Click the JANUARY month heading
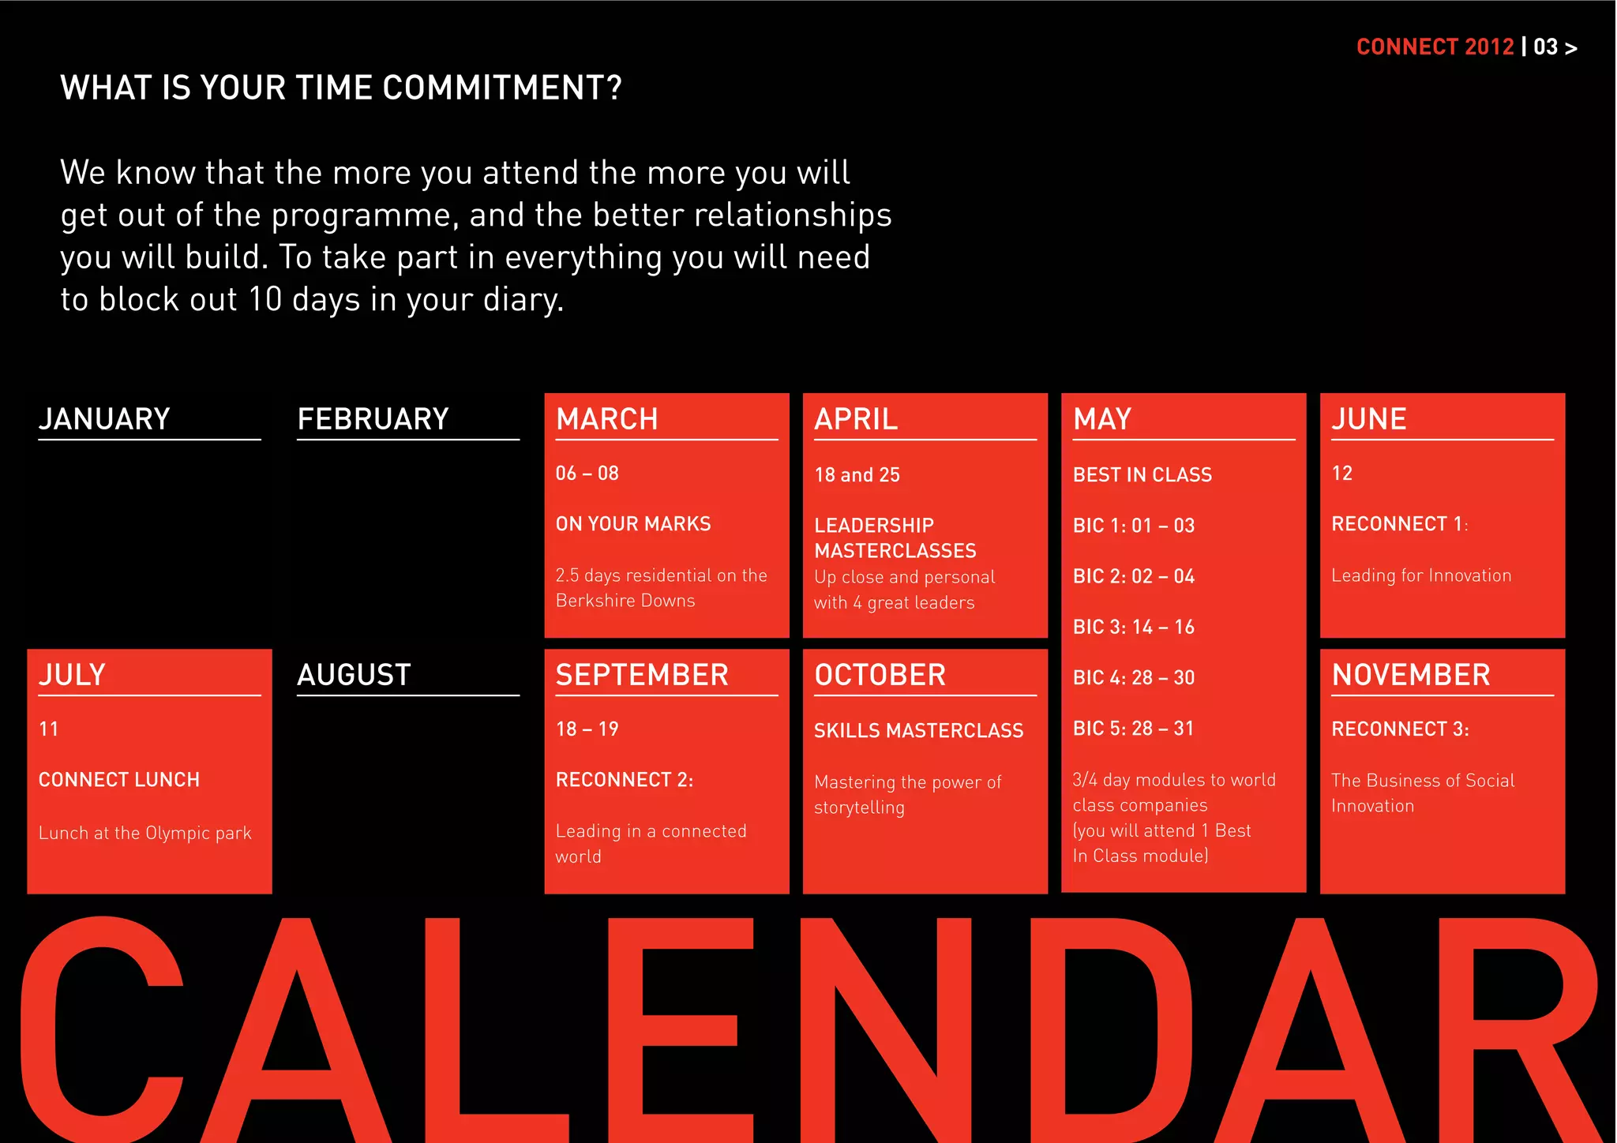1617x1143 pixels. [x=104, y=419]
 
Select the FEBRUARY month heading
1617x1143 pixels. [x=373, y=419]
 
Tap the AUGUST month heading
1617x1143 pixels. [x=354, y=675]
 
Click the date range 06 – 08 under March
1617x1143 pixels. [x=587, y=474]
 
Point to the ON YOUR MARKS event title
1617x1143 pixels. [x=633, y=524]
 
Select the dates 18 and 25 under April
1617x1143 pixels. [x=857, y=475]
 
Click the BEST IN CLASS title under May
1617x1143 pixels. [x=1142, y=475]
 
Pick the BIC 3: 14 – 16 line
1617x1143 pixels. [x=1133, y=628]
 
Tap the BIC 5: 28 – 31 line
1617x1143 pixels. [x=1133, y=729]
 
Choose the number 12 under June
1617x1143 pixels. [x=1342, y=474]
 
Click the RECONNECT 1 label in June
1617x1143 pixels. [x=1398, y=524]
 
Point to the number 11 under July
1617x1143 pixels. [x=49, y=729]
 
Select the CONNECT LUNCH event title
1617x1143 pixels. [x=119, y=780]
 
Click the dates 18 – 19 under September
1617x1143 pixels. [x=587, y=729]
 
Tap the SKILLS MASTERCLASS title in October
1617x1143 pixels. [x=918, y=731]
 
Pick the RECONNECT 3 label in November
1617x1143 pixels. [x=1400, y=729]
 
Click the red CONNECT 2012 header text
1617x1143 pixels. [x=1435, y=47]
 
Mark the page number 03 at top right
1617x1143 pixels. [x=1545, y=47]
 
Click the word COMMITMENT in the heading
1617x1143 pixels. [x=502, y=88]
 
